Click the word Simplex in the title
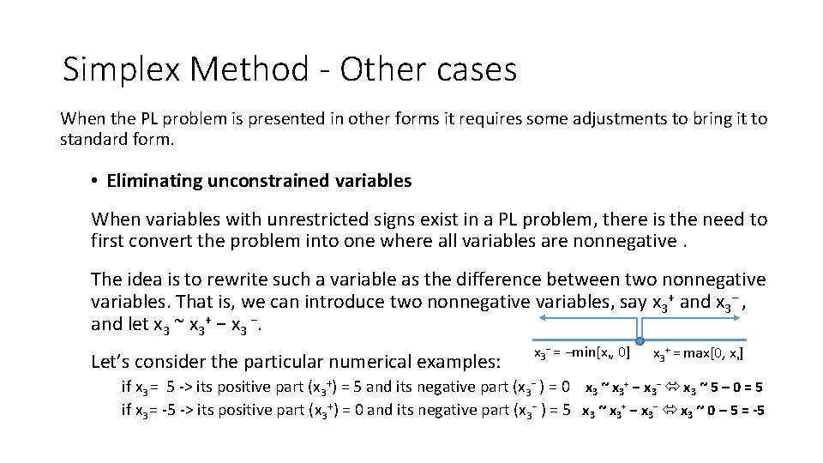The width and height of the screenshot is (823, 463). click(121, 69)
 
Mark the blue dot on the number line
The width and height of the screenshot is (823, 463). click(640, 340)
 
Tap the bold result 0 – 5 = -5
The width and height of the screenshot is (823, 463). click(729, 410)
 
